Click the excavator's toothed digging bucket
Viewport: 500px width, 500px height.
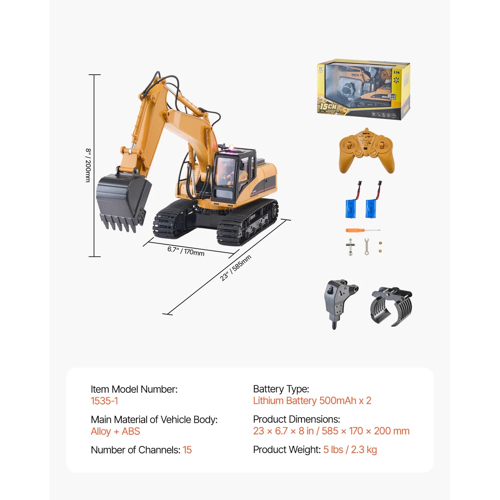122,201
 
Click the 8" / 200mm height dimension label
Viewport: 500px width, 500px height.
88,165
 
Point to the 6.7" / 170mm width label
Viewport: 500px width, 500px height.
186,251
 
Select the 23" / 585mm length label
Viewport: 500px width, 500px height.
235,267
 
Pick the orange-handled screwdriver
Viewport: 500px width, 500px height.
362,230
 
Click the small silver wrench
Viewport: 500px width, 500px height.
366,247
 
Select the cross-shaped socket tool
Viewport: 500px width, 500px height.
350,247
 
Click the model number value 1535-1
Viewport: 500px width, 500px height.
104,401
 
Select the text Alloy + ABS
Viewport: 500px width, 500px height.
115,431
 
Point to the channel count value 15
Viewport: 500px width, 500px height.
187,450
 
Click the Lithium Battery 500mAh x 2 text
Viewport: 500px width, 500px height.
312,401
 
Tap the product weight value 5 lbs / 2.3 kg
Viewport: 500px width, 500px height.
350,449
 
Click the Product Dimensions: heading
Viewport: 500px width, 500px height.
296,419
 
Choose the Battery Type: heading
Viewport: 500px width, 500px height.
281,389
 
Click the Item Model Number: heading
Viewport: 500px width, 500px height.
134,389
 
